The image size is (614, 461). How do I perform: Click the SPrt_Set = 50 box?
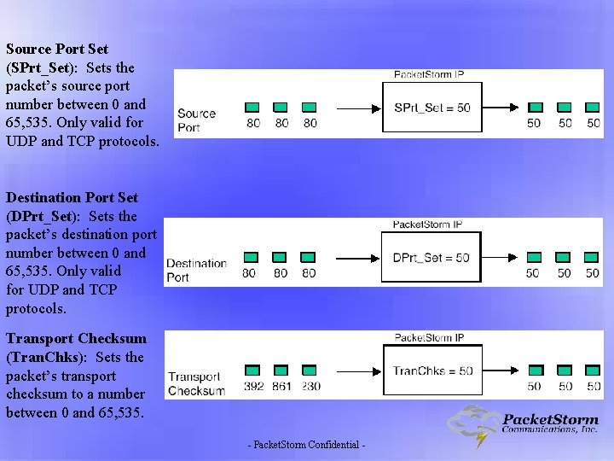pos(432,108)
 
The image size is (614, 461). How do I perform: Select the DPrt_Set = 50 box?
pos(431,257)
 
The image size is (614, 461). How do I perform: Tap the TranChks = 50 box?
pos(432,371)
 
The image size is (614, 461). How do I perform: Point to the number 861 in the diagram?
pos(281,386)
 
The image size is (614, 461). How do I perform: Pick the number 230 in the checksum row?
pos(310,386)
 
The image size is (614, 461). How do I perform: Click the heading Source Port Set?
pos(57,49)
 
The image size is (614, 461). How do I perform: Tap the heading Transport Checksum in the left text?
pos(76,339)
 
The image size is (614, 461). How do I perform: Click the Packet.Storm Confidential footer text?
pos(306,446)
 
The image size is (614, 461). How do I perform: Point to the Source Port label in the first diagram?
pos(196,120)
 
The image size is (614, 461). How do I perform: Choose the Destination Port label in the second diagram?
pos(196,270)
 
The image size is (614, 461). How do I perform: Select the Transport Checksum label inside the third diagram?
pos(196,383)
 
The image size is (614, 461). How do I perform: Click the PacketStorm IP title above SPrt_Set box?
pos(429,75)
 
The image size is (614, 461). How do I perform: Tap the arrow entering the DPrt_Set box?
pos(358,257)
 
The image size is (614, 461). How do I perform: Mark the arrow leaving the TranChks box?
pos(501,371)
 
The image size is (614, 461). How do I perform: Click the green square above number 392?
pos(252,371)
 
